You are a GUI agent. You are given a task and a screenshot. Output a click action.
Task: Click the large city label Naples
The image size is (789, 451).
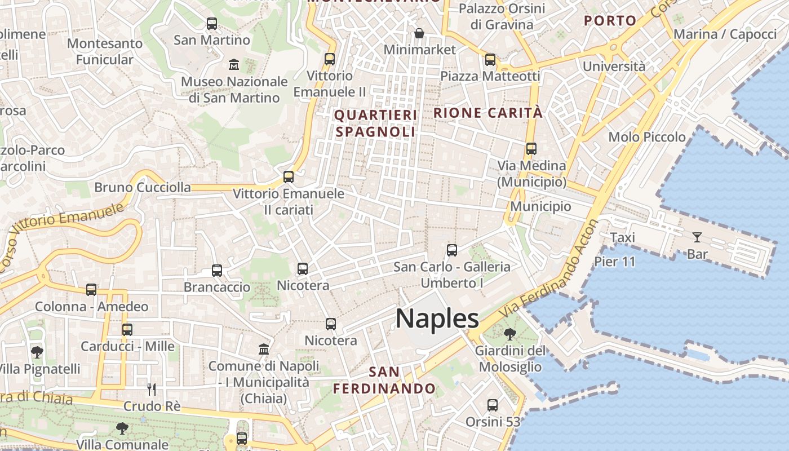pos(437,319)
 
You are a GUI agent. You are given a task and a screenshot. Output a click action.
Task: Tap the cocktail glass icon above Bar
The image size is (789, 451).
pos(697,237)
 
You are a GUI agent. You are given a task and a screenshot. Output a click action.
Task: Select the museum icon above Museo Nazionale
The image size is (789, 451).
pos(234,65)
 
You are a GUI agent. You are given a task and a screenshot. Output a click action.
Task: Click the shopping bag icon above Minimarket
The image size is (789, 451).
pos(419,33)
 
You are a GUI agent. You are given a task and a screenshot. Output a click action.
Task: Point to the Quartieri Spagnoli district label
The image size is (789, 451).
pos(375,123)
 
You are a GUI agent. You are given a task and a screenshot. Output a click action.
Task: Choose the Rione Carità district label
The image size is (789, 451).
pos(488,113)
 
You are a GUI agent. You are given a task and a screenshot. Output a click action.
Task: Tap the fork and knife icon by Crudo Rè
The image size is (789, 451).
pos(151,389)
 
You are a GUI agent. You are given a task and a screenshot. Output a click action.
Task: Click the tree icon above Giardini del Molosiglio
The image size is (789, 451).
pos(510,334)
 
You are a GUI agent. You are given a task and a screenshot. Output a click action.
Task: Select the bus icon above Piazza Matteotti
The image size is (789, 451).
pos(490,60)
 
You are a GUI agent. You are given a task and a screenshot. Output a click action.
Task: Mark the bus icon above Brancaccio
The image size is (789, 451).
pos(217,271)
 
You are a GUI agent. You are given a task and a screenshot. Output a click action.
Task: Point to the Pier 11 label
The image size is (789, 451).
pos(615,262)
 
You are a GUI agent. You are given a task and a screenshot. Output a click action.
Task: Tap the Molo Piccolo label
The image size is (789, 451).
pos(647,137)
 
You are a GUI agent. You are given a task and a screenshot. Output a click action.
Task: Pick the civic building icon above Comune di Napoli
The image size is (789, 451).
pos(264,349)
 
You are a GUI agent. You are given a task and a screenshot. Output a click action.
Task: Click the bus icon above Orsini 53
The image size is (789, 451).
pos(493,405)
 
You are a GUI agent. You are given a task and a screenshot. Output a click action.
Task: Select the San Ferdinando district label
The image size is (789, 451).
pos(384,381)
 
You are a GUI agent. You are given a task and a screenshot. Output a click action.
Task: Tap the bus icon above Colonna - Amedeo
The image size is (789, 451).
pos(91,290)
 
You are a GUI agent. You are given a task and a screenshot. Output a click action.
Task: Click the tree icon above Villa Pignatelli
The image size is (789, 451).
pos(37,352)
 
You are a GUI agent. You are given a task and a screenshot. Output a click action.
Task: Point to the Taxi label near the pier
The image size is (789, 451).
pos(623,238)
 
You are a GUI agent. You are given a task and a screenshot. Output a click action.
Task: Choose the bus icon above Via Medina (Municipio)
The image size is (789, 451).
pos(531,149)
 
